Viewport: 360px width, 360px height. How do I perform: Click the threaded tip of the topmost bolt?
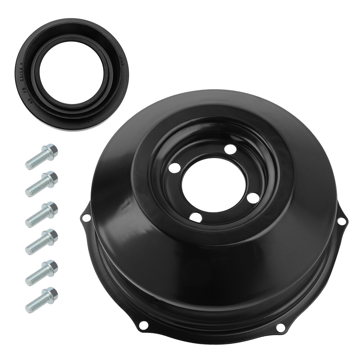(29, 165)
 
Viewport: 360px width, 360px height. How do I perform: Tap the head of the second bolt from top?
(51, 177)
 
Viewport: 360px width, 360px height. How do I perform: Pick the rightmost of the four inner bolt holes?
(253, 197)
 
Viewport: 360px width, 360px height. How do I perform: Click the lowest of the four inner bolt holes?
(196, 217)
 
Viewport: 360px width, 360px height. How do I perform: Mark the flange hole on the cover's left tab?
(86, 218)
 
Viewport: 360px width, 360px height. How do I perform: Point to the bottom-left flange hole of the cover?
(144, 325)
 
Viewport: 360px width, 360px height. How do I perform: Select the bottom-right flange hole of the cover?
(280, 327)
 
